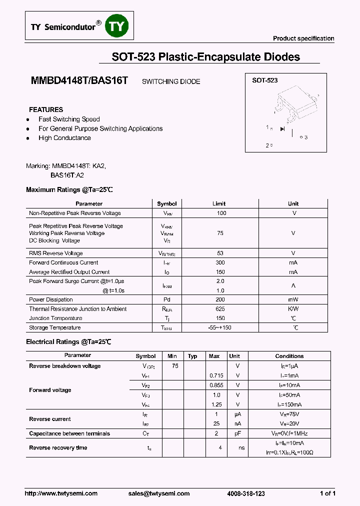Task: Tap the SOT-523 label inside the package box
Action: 264,80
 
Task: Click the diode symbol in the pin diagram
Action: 282,129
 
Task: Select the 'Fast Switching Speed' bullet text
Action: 69,119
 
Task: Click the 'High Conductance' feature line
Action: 64,138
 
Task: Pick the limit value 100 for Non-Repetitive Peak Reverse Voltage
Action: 221,213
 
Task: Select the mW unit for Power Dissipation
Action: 293,299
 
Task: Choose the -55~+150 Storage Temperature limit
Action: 219,327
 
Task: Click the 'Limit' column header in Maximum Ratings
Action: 219,203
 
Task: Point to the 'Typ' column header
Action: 192,356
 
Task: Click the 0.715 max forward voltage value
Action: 215,375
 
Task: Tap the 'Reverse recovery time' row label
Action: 58,447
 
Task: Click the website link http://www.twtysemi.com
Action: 61,493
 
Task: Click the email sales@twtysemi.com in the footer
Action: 159,493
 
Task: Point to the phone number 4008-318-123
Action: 246,493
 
